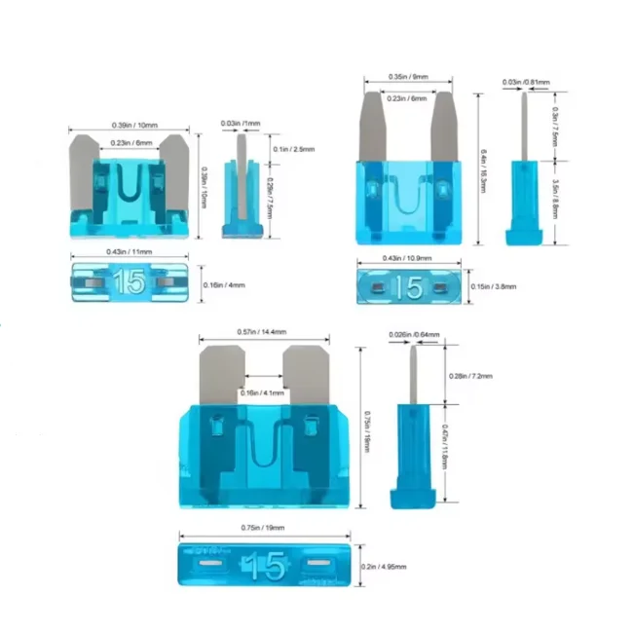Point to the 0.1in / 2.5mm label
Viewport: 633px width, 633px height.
[x=287, y=148]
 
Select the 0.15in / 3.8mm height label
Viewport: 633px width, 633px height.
[x=495, y=286]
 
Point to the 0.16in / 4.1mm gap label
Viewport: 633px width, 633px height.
[x=264, y=391]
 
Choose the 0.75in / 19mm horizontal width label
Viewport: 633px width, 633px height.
[x=263, y=526]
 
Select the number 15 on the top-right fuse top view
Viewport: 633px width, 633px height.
[x=409, y=287]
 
